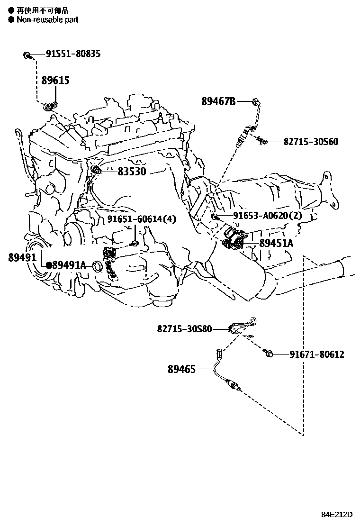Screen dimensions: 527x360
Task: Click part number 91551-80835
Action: pyautogui.click(x=73, y=54)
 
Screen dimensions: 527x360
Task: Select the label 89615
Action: pyautogui.click(x=55, y=81)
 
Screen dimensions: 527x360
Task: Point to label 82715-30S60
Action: pyautogui.click(x=311, y=141)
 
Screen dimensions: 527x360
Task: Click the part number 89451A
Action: pyautogui.click(x=276, y=244)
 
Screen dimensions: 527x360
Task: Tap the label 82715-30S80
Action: pyautogui.click(x=185, y=328)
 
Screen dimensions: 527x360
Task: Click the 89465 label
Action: pyautogui.click(x=181, y=368)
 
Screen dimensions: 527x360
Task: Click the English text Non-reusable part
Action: pyautogui.click(x=47, y=19)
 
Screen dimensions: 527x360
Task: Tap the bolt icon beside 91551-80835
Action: pyautogui.click(x=27, y=55)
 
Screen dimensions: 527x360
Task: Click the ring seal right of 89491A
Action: pyautogui.click(x=98, y=266)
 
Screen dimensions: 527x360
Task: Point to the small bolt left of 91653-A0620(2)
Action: pyautogui.click(x=214, y=217)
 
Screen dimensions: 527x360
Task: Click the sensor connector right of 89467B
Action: pyautogui.click(x=256, y=100)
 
